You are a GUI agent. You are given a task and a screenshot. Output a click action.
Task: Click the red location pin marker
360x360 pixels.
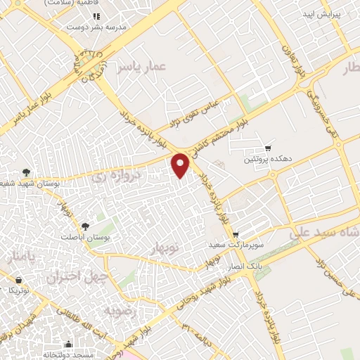coord(181,165)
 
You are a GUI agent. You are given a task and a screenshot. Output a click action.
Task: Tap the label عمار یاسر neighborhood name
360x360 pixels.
coord(145,67)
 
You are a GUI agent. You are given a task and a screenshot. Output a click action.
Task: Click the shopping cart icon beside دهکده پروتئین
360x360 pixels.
coord(268,148)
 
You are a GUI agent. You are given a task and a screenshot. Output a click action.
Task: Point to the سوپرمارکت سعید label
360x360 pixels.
coord(235,245)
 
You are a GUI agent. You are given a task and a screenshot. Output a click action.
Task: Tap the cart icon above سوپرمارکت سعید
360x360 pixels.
coord(235,234)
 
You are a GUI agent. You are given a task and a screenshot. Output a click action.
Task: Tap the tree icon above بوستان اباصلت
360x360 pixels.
coord(86,226)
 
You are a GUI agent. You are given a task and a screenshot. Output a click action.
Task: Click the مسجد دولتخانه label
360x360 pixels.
coord(68,356)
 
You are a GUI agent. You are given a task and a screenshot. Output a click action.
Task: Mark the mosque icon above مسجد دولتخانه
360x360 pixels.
coord(68,345)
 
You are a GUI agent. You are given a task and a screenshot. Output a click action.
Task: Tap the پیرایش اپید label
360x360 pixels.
coord(321,14)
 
